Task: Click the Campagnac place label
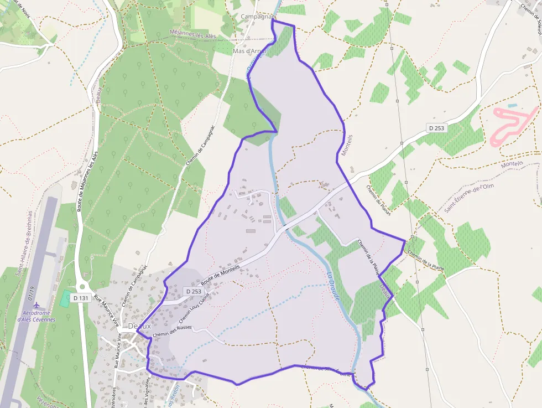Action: tap(257, 17)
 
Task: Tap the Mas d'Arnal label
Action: tap(249, 51)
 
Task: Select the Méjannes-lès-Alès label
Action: tap(194, 35)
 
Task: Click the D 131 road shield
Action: tap(81, 298)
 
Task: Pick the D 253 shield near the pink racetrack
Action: tap(436, 128)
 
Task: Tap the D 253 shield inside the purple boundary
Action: tap(194, 291)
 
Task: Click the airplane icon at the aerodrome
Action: tap(37, 305)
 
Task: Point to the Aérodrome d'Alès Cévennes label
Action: tap(37, 316)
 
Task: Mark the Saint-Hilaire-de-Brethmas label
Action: tap(24, 244)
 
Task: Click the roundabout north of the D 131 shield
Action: tap(82, 286)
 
